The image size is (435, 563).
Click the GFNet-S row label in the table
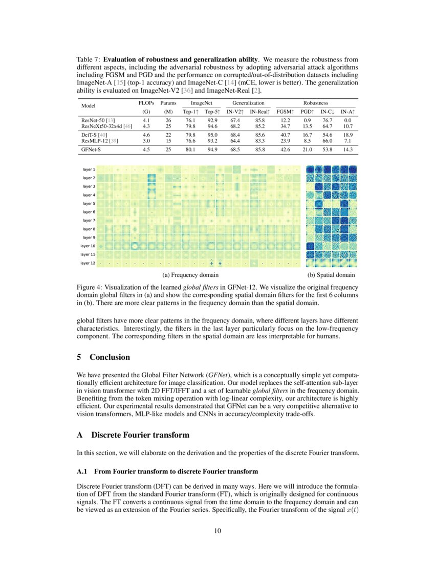pyautogui.click(x=91, y=149)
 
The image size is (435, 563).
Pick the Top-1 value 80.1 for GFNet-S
pyautogui.click(x=189, y=149)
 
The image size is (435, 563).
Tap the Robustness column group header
pyautogui.click(x=316, y=103)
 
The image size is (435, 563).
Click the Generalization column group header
pyautogui.click(x=249, y=103)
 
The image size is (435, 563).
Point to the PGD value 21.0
pyautogui.click(x=307, y=149)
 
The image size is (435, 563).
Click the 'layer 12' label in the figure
pyautogui.click(x=88, y=263)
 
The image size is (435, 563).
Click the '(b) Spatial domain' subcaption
pyautogui.click(x=331, y=275)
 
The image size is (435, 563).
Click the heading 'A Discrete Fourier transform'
pyautogui.click(x=133, y=435)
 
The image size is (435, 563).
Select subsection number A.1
pyautogui.click(x=82, y=470)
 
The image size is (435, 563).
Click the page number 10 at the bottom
pyautogui.click(x=217, y=531)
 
